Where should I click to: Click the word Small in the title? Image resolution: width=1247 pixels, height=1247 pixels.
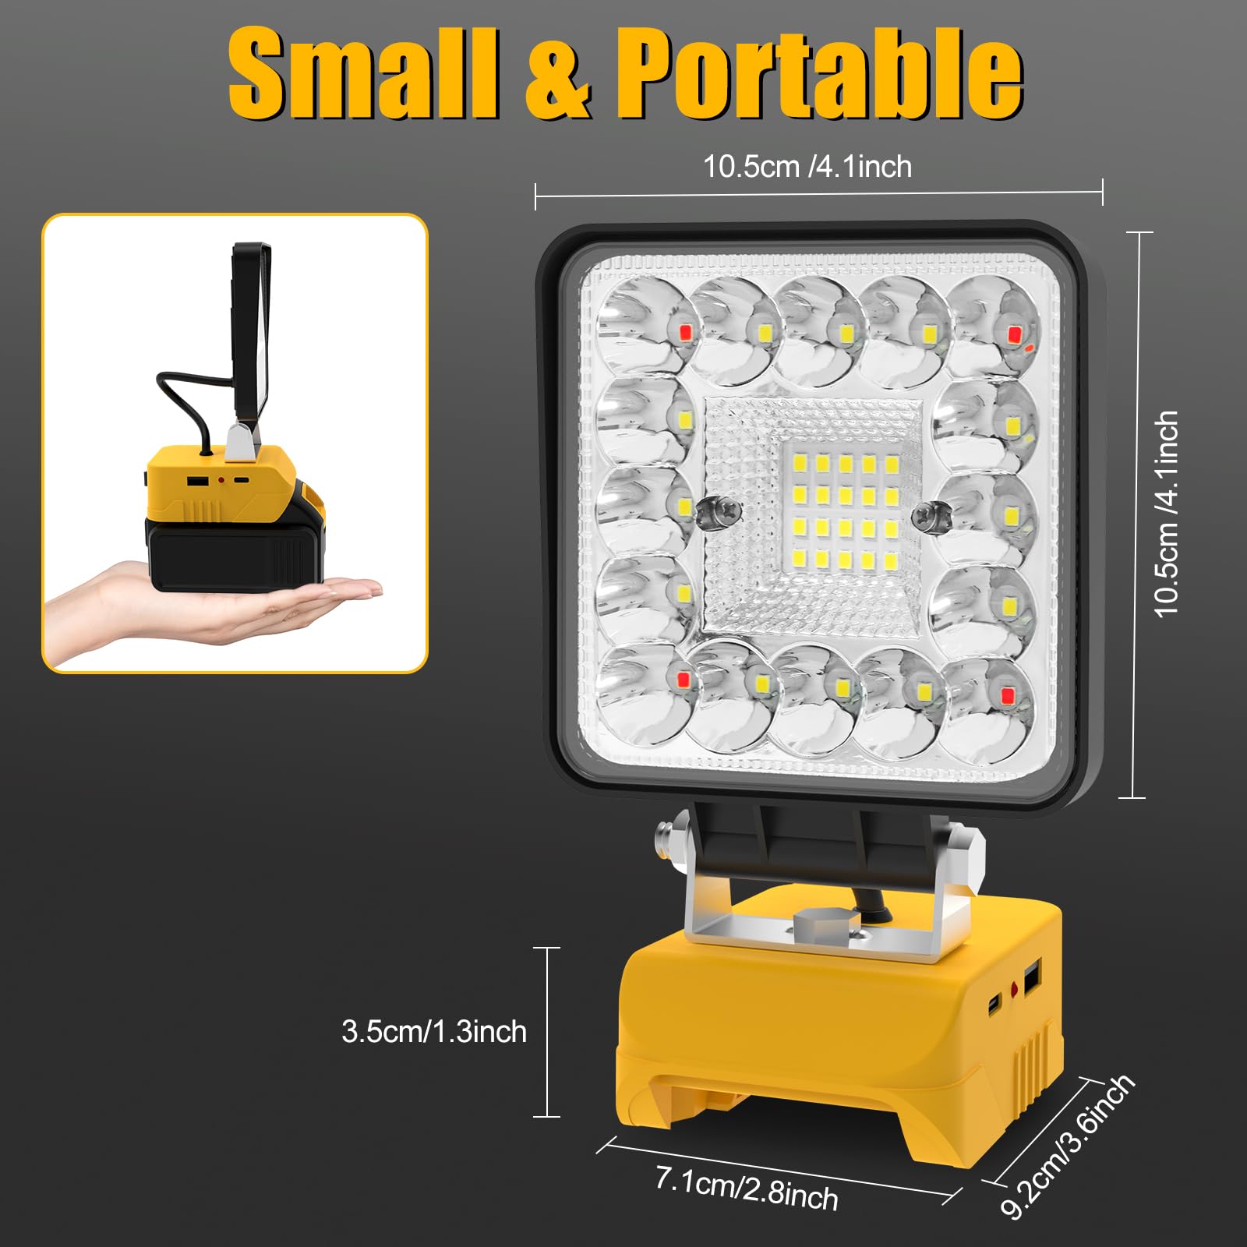[x=363, y=74]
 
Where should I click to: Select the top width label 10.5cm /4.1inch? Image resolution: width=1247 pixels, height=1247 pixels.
[x=807, y=167]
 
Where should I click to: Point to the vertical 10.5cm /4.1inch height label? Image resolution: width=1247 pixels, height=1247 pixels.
[x=1167, y=514]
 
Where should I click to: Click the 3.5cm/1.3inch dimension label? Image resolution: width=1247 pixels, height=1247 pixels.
[x=434, y=1032]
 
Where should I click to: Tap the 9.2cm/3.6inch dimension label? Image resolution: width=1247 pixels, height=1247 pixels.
[x=1067, y=1146]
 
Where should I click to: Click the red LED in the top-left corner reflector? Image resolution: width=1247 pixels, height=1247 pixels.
[x=685, y=333]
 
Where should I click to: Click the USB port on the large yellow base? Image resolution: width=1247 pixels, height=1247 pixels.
[x=1032, y=980]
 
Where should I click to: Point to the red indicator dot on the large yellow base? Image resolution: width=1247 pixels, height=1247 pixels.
[x=1015, y=991]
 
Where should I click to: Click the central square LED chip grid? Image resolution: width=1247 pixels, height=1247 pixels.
[x=845, y=510]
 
